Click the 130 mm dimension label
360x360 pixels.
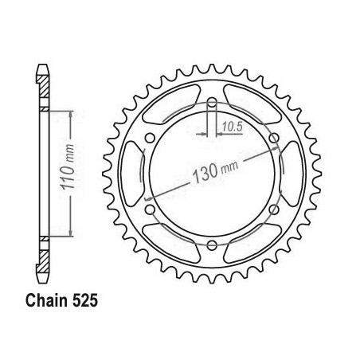pos(215,172)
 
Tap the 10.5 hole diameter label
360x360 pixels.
pos(233,127)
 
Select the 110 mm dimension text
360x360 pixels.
pos(68,166)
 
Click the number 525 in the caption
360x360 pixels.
pos(85,300)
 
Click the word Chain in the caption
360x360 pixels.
pos(46,300)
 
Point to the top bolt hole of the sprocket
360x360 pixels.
pos(212,102)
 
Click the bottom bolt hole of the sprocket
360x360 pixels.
pos(212,245)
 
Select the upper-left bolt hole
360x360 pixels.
pos(150,138)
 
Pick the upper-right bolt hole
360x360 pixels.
pos(274,138)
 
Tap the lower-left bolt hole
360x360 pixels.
pos(150,209)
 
